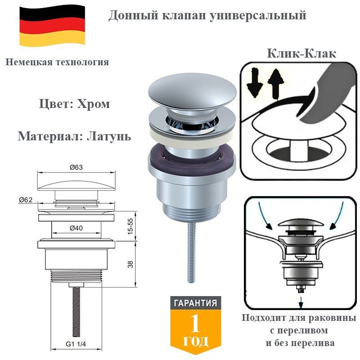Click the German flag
click(x=52, y=26)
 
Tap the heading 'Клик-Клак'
click(x=301, y=54)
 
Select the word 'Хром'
click(x=93, y=104)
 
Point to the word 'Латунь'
click(x=109, y=136)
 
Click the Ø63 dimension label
click(x=76, y=167)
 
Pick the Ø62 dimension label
click(x=26, y=200)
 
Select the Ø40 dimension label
click(x=76, y=228)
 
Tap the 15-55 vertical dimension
click(x=130, y=226)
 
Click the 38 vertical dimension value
click(x=130, y=265)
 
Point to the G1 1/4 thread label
click(x=76, y=344)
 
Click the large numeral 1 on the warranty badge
click(x=195, y=324)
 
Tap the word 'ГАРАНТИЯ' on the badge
click(x=195, y=303)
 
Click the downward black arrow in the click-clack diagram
click(x=255, y=83)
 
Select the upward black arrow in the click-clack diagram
click(x=276, y=84)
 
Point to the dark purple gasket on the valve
click(x=192, y=156)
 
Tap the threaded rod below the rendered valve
click(x=192, y=252)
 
